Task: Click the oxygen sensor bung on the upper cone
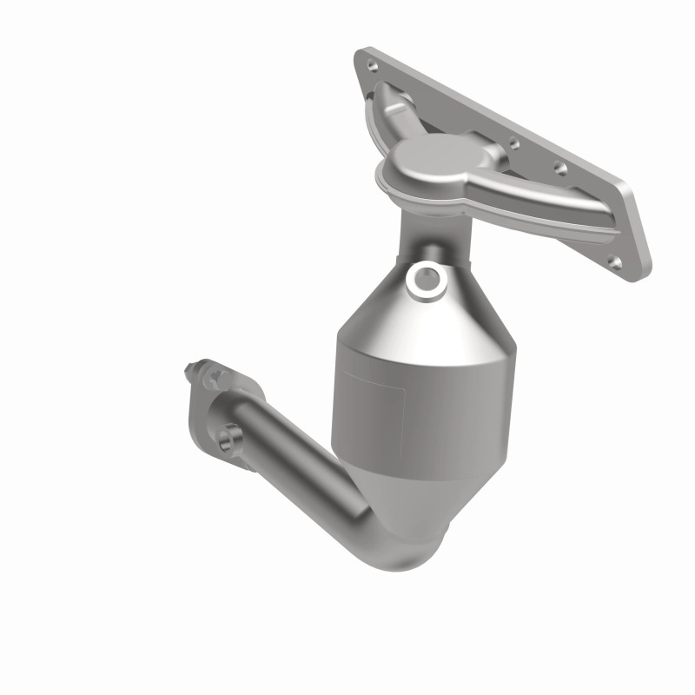pyautogui.click(x=427, y=277)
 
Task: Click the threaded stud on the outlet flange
pyautogui.click(x=193, y=374)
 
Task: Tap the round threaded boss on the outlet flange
pyautogui.click(x=230, y=439)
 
